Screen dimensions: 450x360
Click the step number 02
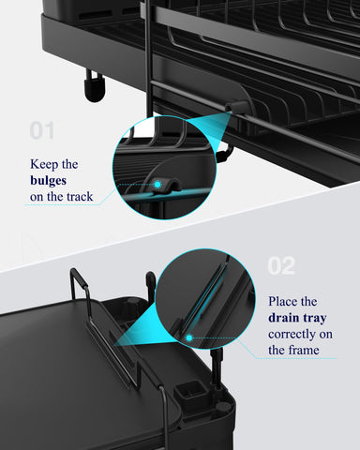tap(281, 265)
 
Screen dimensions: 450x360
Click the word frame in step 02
tap(286, 350)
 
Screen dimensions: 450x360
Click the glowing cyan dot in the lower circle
tap(188, 335)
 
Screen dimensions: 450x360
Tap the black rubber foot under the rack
tap(94, 86)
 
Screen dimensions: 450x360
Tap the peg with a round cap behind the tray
tap(150, 281)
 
